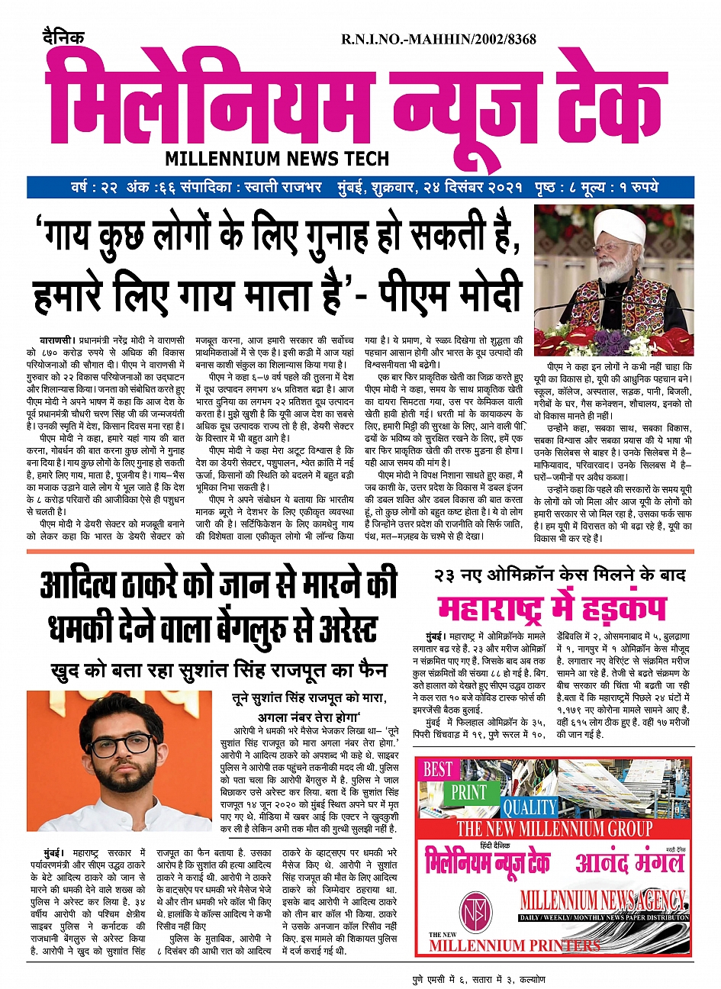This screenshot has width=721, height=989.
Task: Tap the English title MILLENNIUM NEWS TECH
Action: click(x=277, y=159)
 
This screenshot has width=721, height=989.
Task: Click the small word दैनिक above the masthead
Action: click(x=63, y=37)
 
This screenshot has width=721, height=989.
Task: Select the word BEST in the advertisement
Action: click(x=438, y=769)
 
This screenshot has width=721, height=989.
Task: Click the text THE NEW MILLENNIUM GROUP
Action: click(x=554, y=829)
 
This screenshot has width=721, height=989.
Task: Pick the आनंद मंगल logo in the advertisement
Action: click(x=630, y=862)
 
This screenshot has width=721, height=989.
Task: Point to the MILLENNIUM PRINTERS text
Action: click(x=514, y=946)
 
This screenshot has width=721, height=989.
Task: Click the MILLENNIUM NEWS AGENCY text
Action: click(x=603, y=900)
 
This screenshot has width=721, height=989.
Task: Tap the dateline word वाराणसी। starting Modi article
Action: click(x=57, y=337)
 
